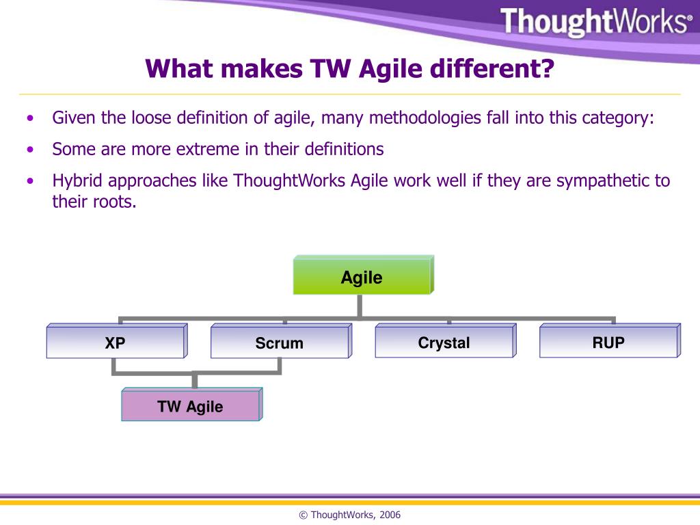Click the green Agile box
(x=362, y=278)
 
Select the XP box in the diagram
(x=115, y=343)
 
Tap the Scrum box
(x=279, y=343)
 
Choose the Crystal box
(x=444, y=343)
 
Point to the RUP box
(x=608, y=342)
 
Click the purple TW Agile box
(x=190, y=407)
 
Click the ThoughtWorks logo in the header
(x=595, y=22)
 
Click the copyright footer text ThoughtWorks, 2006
(x=349, y=515)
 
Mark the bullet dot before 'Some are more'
(x=29, y=150)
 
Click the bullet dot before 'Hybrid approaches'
(x=29, y=182)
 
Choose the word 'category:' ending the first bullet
(x=618, y=118)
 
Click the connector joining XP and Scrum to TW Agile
(x=196, y=373)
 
